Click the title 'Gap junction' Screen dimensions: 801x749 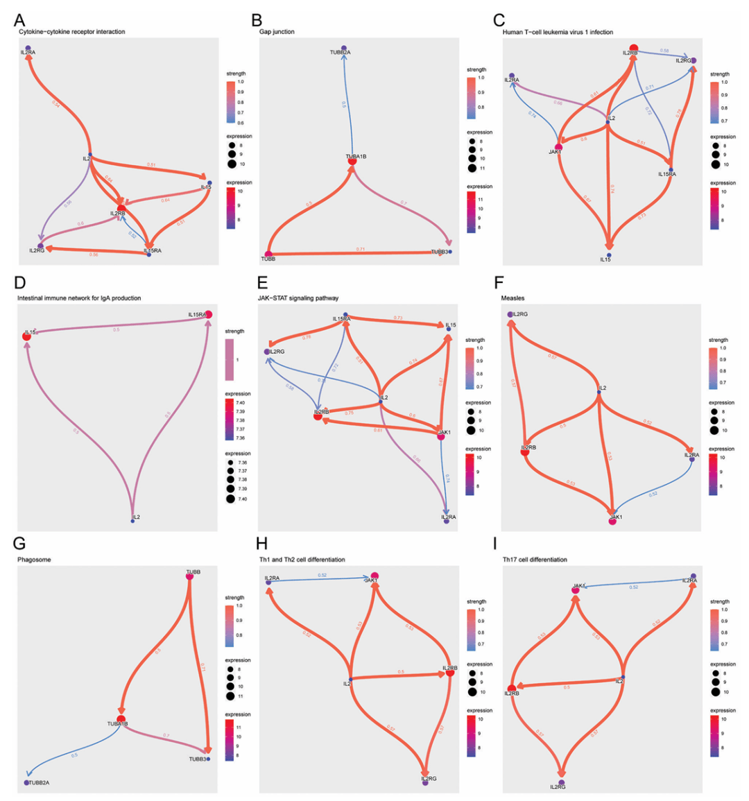(x=273, y=32)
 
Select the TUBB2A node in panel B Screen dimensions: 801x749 (x=344, y=47)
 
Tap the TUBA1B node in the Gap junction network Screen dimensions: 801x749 (x=352, y=161)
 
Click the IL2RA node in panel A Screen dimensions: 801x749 (x=28, y=47)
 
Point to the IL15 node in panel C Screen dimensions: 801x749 (x=608, y=255)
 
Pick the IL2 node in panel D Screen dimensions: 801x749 (x=132, y=521)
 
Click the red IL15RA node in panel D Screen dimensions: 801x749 (x=208, y=315)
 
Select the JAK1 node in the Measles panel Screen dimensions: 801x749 (x=612, y=522)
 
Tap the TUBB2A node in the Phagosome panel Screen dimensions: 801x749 (x=26, y=782)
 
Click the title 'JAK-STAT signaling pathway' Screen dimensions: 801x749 (x=298, y=298)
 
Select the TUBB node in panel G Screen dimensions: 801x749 (x=189, y=576)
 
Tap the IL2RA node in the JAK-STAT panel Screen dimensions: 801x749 (x=447, y=521)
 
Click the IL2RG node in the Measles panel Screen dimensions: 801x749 (x=510, y=314)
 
